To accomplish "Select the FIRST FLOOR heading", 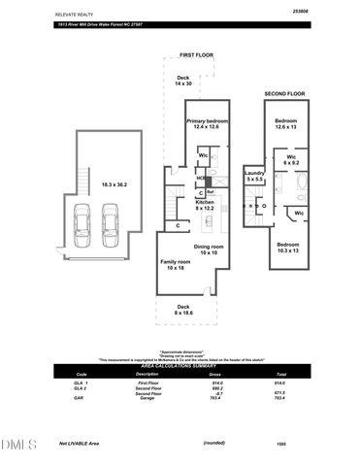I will point(195,55).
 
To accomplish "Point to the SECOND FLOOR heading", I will point(284,93).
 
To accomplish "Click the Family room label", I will point(176,263).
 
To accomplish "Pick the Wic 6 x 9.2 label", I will point(291,159).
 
